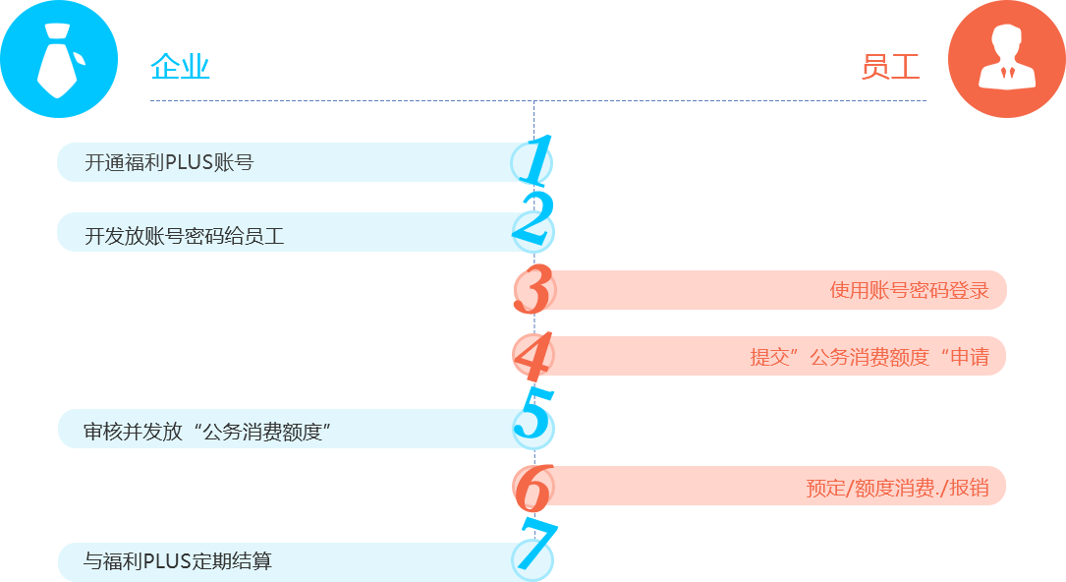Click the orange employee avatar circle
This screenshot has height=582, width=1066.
[1006, 60]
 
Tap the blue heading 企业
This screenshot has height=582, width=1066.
[181, 67]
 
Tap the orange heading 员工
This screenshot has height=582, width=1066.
[890, 67]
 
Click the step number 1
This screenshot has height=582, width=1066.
[533, 161]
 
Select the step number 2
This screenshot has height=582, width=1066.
[533, 223]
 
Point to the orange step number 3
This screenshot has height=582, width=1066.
[533, 289]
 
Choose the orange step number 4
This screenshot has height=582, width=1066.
[533, 356]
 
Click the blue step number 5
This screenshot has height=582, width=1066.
[533, 416]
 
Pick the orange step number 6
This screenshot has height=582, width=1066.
[533, 486]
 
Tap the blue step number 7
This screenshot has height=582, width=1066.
[533, 547]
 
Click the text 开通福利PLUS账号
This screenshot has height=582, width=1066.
[169, 162]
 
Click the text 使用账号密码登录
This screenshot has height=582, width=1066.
[909, 290]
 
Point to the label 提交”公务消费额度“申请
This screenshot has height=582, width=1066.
[870, 357]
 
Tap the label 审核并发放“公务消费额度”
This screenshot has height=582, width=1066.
[206, 431]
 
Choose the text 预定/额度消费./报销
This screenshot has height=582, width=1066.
[897, 487]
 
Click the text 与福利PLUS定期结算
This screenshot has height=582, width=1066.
[178, 561]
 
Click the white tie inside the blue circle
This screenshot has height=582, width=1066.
[57, 61]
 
